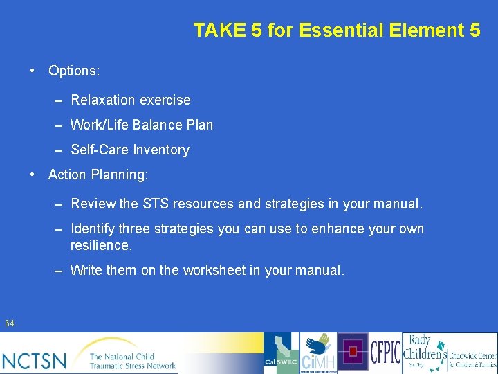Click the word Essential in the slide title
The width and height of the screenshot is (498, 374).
pyautogui.click(x=322, y=30)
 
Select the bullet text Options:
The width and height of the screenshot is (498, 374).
pyautogui.click(x=74, y=71)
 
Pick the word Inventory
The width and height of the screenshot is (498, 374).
pyautogui.click(x=161, y=150)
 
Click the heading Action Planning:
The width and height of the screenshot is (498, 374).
pyautogui.click(x=98, y=175)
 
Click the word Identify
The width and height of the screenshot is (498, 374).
pyautogui.click(x=93, y=229)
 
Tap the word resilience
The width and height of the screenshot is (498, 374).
pyautogui.click(x=100, y=245)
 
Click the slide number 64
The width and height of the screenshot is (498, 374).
pyautogui.click(x=10, y=323)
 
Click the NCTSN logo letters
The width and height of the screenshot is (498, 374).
pyautogui.click(x=35, y=360)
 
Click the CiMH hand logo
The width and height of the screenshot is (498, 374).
pyautogui.click(x=318, y=353)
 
